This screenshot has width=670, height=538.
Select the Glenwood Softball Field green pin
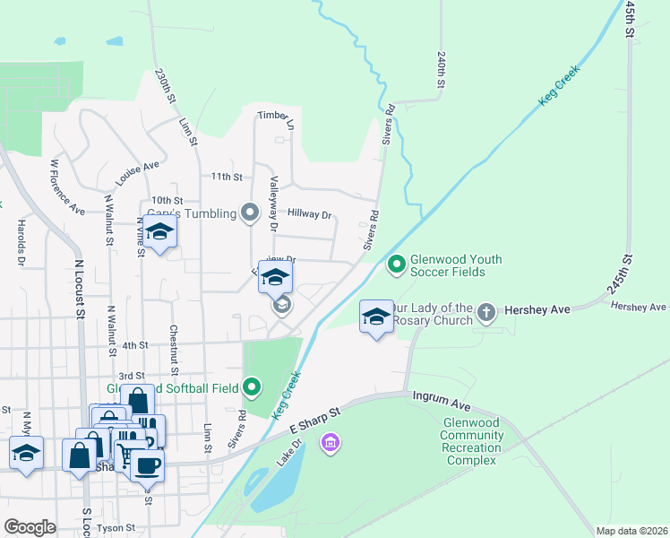(x=253, y=388)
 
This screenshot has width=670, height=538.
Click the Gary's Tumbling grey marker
(x=250, y=213)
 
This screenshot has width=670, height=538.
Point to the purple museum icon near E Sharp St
(x=331, y=441)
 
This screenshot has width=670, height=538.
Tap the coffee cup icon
(x=148, y=464)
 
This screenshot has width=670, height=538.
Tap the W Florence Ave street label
(x=67, y=187)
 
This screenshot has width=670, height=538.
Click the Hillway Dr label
(x=310, y=215)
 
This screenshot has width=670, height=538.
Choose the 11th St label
(x=227, y=178)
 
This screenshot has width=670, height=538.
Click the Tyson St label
(x=116, y=529)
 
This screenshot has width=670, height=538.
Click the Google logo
(x=30, y=527)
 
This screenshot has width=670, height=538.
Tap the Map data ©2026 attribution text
(x=631, y=531)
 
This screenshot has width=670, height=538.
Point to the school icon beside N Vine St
(x=159, y=232)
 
